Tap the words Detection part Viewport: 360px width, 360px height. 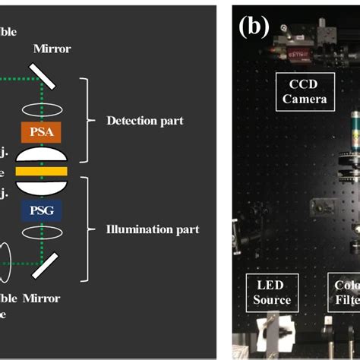[x=146, y=120]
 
